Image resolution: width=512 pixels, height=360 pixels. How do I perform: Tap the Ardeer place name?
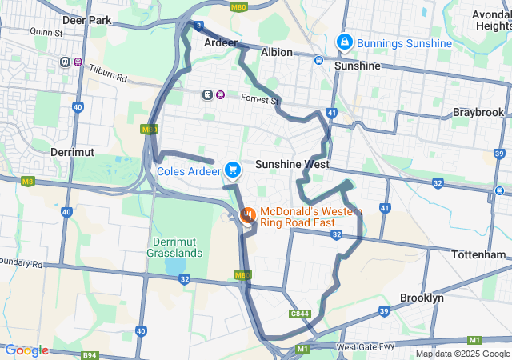click(x=222, y=42)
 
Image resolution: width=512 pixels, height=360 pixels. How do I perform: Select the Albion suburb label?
click(x=277, y=52)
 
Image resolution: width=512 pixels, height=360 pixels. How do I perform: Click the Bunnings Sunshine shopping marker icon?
click(x=344, y=41)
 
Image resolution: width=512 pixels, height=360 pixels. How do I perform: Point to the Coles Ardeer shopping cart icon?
click(x=233, y=170)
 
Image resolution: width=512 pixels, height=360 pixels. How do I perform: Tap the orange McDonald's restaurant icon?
click(x=248, y=214)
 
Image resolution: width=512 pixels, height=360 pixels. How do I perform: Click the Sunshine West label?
click(x=292, y=164)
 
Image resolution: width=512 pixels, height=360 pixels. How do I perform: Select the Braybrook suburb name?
click(x=478, y=113)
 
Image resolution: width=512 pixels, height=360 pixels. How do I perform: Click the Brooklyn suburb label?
click(x=422, y=298)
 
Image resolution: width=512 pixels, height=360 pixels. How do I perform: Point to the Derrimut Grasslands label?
click(x=174, y=247)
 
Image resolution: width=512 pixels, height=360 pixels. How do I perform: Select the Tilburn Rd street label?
click(x=108, y=74)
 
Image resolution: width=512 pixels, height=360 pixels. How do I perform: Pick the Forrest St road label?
click(x=259, y=99)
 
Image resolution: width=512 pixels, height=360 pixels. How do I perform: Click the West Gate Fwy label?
click(x=366, y=347)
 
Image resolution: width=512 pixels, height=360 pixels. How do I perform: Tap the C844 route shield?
click(x=300, y=314)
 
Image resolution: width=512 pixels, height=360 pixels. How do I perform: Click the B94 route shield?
click(x=90, y=354)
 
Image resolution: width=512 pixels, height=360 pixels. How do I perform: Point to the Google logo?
click(x=26, y=350)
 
